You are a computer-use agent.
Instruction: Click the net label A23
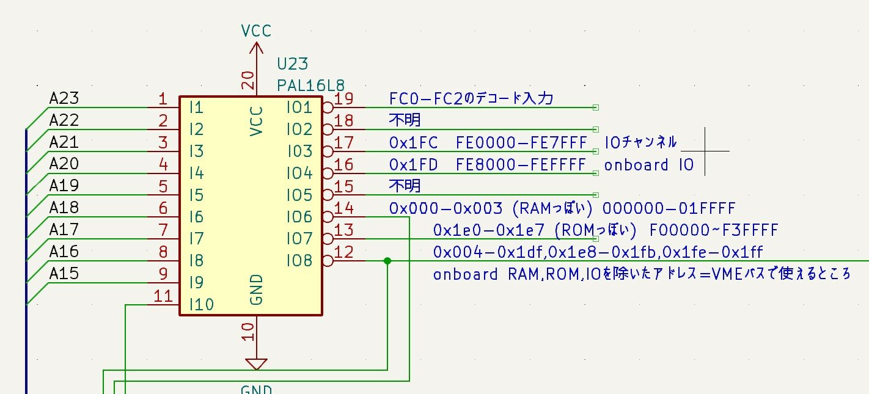[64, 99]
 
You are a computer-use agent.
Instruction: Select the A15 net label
[64, 273]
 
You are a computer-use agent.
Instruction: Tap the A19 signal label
[64, 186]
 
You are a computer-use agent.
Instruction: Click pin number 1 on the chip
[163, 99]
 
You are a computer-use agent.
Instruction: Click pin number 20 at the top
[248, 80]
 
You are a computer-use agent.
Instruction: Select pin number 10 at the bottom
[248, 331]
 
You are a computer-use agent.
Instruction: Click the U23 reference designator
[293, 64]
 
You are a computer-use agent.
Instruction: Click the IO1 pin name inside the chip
[299, 108]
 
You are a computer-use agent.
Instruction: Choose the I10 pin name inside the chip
[202, 304]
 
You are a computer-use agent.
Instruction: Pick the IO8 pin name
[299, 261]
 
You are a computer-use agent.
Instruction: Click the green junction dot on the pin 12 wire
[387, 261]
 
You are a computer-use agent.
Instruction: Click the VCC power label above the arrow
[256, 31]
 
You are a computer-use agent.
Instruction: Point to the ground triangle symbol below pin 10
[256, 364]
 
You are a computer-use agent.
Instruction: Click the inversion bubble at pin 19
[327, 108]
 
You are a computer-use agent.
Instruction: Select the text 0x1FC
[413, 142]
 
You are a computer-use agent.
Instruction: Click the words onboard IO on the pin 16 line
[649, 165]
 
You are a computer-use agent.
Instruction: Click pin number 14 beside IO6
[344, 208]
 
